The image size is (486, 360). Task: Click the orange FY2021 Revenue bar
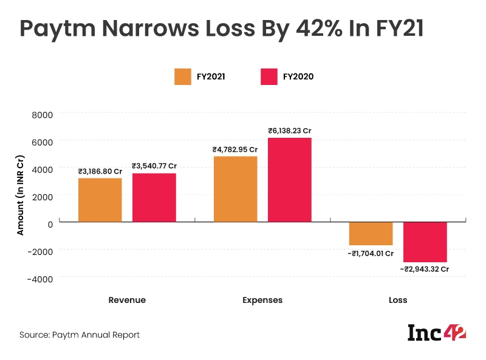[100, 200]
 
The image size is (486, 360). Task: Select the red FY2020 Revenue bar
[154, 197]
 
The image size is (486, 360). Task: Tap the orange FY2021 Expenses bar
[235, 189]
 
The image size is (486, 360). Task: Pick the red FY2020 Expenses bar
[290, 180]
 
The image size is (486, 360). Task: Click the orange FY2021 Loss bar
[371, 234]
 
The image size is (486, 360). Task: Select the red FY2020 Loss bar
[425, 242]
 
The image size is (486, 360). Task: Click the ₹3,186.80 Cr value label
[100, 171]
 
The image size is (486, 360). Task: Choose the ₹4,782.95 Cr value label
[235, 149]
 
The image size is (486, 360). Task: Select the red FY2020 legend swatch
[269, 76]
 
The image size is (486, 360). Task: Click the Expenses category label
[262, 300]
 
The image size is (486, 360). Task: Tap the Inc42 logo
[436, 333]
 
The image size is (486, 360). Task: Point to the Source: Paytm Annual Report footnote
[80, 335]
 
